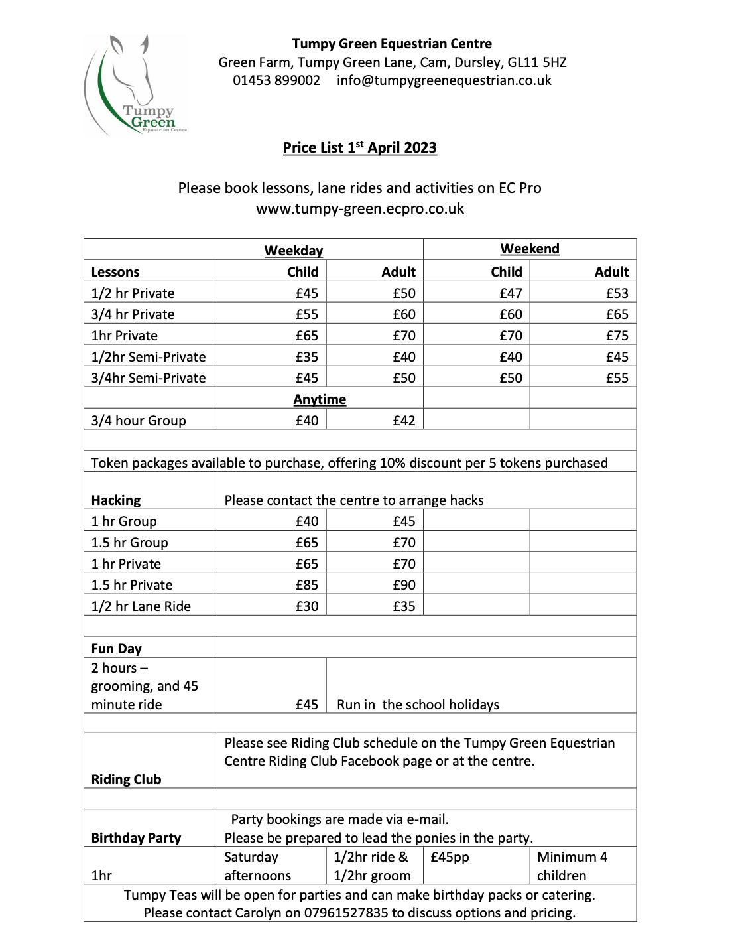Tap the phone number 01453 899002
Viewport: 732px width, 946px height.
[x=276, y=80]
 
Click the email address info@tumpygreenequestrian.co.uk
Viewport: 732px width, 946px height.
[x=444, y=80]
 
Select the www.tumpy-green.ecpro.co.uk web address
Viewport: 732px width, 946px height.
[x=360, y=208]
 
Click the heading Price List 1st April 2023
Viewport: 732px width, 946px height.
[x=360, y=147]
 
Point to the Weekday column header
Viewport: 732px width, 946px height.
[x=294, y=251]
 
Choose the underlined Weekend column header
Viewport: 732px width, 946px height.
[x=530, y=249]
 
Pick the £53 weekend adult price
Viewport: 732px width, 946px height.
[x=617, y=293]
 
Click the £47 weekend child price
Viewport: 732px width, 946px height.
[x=511, y=293]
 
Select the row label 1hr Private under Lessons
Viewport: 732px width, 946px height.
[x=125, y=336]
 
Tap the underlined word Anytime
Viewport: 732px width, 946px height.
[x=320, y=399]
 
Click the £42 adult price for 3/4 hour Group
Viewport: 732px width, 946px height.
[x=404, y=421]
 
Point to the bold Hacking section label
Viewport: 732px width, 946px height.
[x=116, y=500]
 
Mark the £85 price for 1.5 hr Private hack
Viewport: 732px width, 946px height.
[x=307, y=585]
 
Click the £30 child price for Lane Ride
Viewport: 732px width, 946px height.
[x=307, y=606]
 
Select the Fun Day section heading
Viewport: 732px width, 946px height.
[x=117, y=649]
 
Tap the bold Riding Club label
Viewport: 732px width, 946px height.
[x=126, y=779]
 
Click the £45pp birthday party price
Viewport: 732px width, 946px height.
[x=450, y=857]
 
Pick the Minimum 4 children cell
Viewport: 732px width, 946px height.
[x=572, y=866]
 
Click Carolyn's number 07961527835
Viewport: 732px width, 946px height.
[x=345, y=913]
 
